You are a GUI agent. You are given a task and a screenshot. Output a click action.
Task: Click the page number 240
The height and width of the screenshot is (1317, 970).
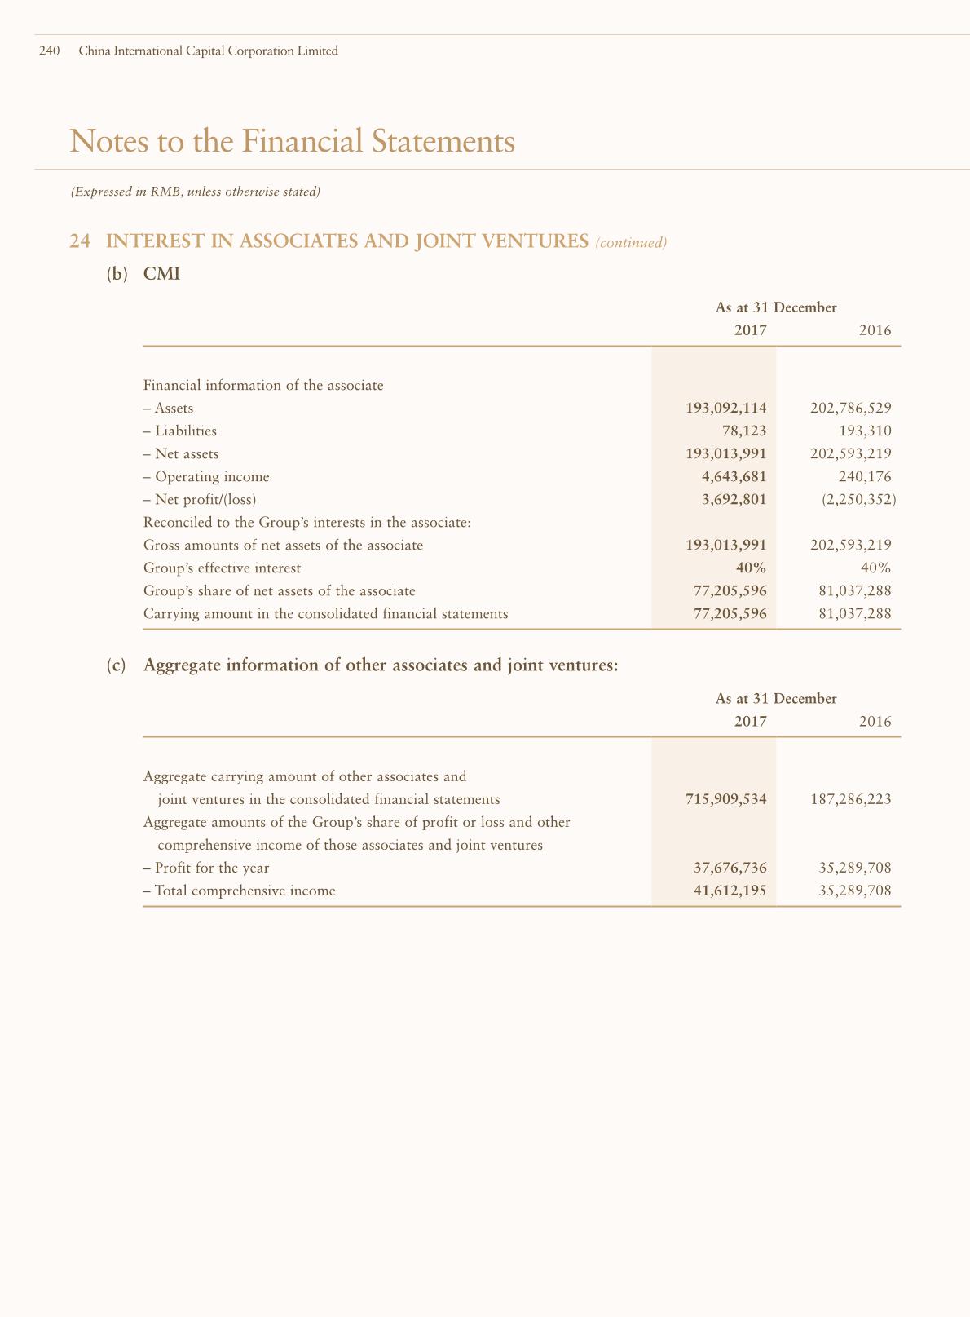[x=50, y=51]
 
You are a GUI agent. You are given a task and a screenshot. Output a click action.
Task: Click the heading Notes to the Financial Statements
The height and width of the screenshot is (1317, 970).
[x=293, y=141]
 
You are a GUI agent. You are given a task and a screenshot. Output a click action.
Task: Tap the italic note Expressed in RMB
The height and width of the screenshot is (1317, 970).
[x=195, y=192]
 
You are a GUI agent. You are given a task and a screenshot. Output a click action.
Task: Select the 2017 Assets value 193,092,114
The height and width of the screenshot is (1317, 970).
[x=726, y=408]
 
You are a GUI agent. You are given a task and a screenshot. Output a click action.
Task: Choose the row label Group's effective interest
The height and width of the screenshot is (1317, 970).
[x=222, y=568]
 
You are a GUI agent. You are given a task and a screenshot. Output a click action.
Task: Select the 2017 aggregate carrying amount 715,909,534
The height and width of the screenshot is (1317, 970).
[x=726, y=799]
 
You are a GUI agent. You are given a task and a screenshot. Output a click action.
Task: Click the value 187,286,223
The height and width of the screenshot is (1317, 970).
[x=851, y=799]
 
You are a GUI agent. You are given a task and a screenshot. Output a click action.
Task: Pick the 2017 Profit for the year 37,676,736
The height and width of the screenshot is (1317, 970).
[x=730, y=868]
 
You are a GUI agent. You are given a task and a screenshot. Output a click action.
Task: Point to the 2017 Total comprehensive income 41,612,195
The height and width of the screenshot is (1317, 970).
[x=730, y=891]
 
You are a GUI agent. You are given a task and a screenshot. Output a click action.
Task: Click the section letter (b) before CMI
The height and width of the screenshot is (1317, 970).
[x=117, y=274]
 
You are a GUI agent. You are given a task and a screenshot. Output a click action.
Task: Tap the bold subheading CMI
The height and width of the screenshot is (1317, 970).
[x=161, y=274]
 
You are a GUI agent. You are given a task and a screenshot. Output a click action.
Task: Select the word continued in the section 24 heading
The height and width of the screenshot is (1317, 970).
[x=632, y=243]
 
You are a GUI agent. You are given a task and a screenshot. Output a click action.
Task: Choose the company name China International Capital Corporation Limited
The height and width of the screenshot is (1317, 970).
[x=208, y=51]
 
